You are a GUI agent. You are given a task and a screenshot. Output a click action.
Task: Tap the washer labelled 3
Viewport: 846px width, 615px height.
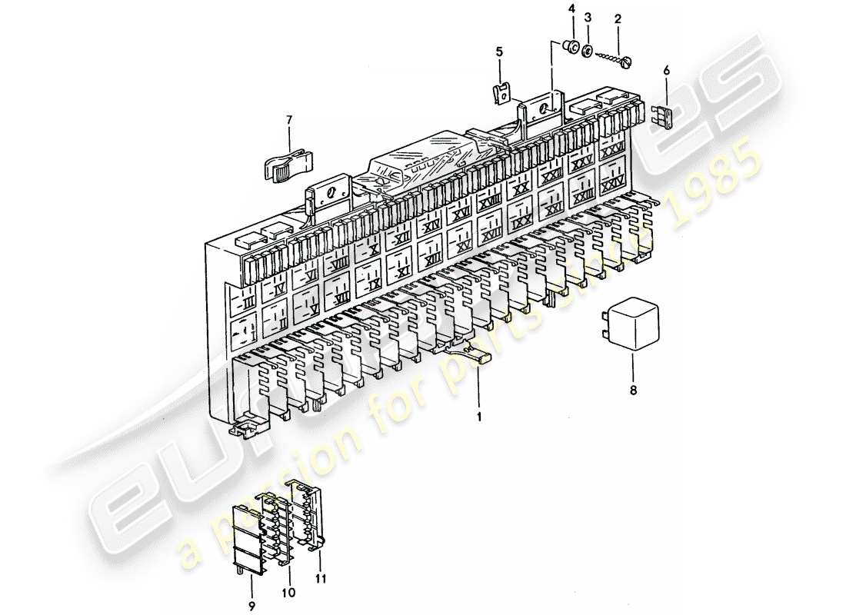(x=586, y=52)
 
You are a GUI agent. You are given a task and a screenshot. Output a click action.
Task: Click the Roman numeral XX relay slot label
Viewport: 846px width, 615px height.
(x=521, y=189)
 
